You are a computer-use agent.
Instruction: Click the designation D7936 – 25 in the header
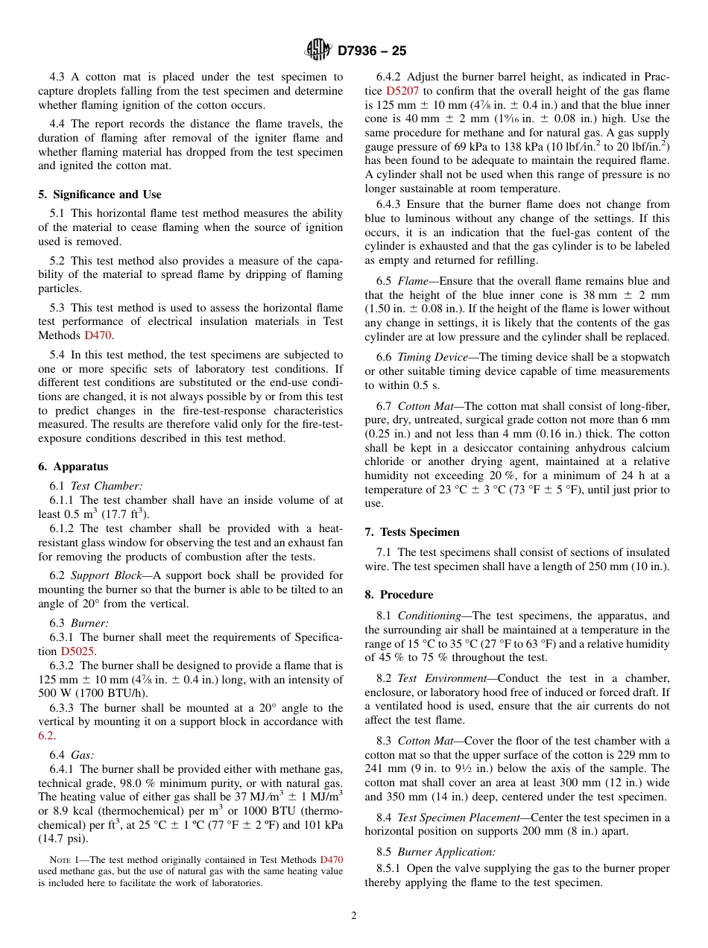(x=372, y=51)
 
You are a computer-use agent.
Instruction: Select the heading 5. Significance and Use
(x=99, y=195)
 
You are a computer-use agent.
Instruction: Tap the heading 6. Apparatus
(x=73, y=467)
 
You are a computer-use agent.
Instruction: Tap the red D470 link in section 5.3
(x=99, y=335)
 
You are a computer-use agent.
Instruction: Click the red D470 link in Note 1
(x=331, y=859)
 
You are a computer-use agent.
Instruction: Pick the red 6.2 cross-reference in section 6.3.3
(x=45, y=736)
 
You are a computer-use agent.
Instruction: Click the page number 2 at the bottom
(x=354, y=916)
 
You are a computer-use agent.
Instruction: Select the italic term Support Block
(x=105, y=575)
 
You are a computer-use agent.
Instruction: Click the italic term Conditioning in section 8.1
(x=429, y=616)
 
